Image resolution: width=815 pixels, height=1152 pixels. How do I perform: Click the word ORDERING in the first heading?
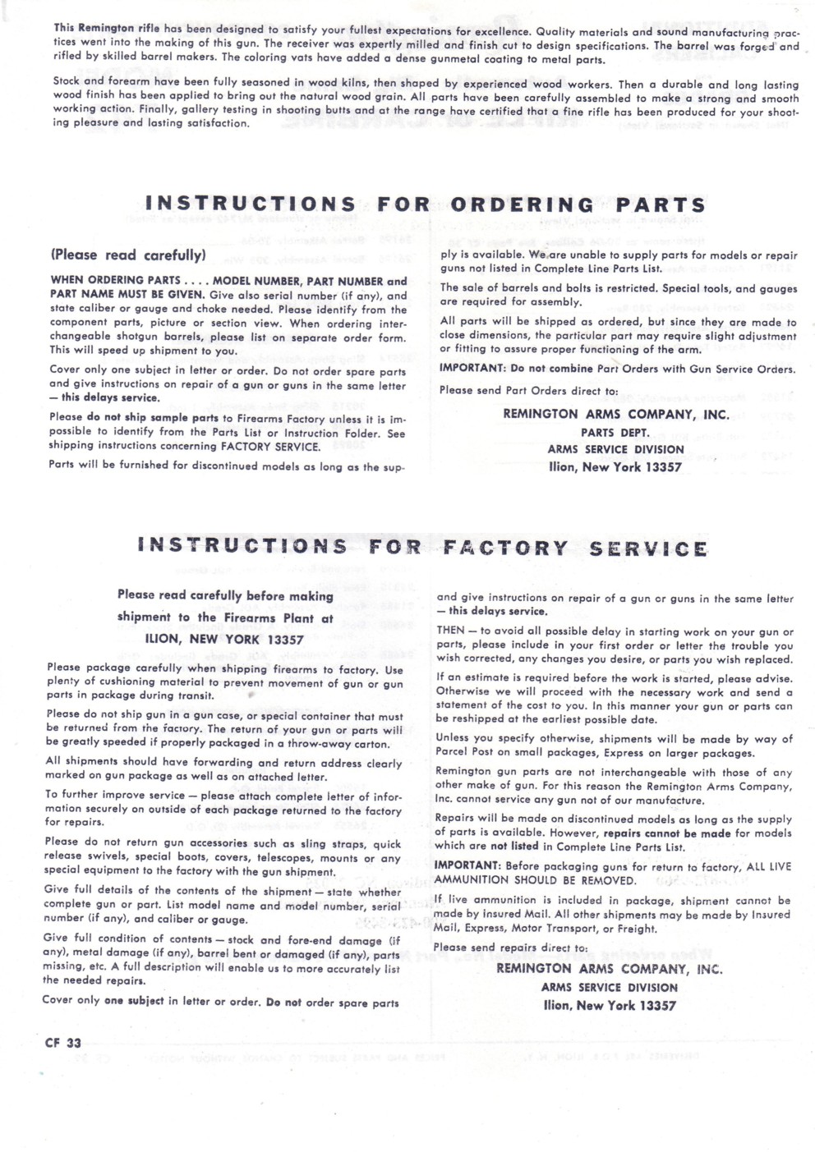pyautogui.click(x=523, y=204)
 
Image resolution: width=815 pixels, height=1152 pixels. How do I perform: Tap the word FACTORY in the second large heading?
pyautogui.click(x=505, y=548)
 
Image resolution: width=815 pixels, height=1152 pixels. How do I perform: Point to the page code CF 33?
pyautogui.click(x=63, y=1043)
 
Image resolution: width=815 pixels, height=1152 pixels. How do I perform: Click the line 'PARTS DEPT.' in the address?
pyautogui.click(x=615, y=432)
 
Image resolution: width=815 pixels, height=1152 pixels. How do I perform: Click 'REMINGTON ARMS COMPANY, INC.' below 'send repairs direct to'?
pyautogui.click(x=609, y=969)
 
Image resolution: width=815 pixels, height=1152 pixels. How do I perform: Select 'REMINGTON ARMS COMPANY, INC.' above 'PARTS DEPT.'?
pyautogui.click(x=615, y=415)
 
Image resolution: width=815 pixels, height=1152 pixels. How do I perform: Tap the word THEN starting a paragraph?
pyautogui.click(x=451, y=631)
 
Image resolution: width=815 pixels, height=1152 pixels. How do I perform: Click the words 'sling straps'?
pyautogui.click(x=327, y=843)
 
